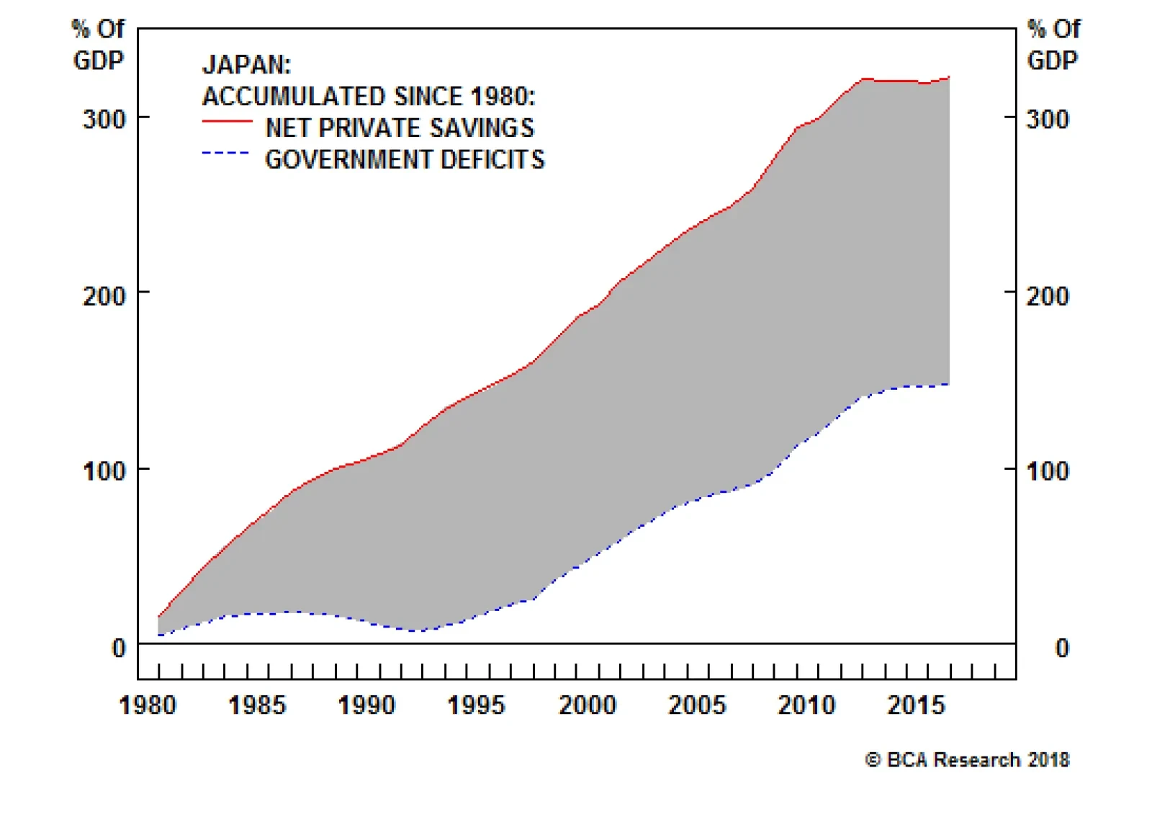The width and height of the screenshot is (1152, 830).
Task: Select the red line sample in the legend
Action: click(227, 122)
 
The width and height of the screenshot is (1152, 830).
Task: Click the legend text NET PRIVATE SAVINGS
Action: click(400, 128)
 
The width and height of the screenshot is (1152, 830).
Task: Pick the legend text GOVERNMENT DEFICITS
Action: click(405, 159)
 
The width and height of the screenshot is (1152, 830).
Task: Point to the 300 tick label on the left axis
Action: click(104, 119)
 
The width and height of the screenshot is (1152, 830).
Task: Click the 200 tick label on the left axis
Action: click(104, 295)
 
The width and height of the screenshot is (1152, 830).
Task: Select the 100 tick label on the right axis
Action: click(1048, 471)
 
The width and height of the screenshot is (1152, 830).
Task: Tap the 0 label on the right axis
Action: click(1062, 648)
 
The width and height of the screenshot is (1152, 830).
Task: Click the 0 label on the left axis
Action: click(119, 648)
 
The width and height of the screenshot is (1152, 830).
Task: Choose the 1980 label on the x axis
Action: click(148, 705)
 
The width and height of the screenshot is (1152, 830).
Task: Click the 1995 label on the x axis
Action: click(476, 705)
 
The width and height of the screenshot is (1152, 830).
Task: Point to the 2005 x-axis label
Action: click(697, 705)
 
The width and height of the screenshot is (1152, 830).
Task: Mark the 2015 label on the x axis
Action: click(916, 705)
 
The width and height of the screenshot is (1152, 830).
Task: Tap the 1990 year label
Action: click(366, 705)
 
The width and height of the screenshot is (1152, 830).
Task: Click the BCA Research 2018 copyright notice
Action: click(967, 760)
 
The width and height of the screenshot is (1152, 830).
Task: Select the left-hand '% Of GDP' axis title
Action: click(98, 45)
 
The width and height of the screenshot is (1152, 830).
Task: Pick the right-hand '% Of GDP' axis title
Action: click(1053, 45)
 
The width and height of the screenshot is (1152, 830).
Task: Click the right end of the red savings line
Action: click(949, 77)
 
